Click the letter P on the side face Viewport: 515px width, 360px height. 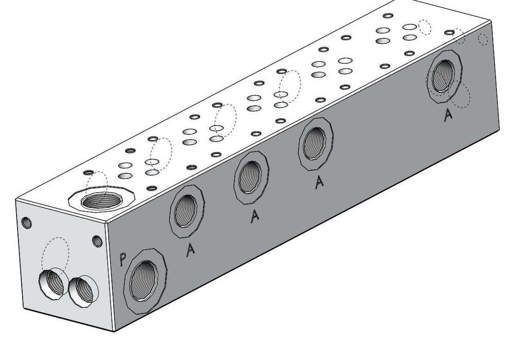123,259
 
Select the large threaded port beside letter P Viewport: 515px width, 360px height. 144,281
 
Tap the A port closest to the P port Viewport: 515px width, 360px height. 186,212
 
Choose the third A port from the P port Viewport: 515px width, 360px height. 315,144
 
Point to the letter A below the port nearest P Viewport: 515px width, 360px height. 190,249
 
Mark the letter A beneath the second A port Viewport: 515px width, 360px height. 254,216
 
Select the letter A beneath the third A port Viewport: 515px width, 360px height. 319,182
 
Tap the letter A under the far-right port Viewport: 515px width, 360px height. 448,115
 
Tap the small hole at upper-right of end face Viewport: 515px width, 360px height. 97,241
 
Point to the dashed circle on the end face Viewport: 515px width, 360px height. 55,253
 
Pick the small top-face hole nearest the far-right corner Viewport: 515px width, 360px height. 449,32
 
